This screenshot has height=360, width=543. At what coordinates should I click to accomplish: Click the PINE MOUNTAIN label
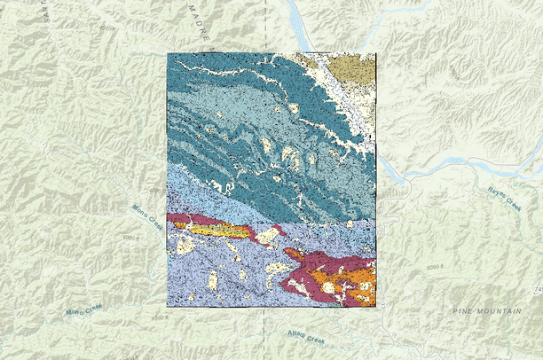[485, 311]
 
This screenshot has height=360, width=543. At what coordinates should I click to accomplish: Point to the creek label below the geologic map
[306, 337]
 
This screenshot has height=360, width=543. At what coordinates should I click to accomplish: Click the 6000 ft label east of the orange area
[434, 268]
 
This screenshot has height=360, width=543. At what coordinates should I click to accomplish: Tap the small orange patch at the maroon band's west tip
[182, 225]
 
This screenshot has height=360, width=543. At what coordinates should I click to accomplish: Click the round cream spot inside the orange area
[329, 287]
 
